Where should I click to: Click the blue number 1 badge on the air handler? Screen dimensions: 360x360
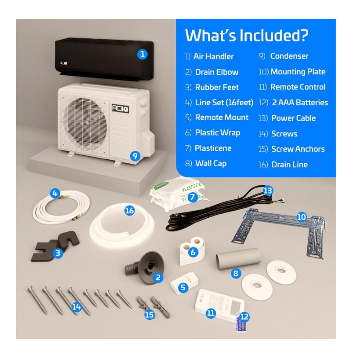142,54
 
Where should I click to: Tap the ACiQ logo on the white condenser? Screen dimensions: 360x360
120,108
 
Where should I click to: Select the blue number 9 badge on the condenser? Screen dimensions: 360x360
135,156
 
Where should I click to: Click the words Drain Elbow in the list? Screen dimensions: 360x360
216,72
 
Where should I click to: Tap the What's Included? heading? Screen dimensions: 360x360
247,35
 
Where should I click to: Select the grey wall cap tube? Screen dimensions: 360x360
238,258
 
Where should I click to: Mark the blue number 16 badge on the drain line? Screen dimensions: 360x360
129,211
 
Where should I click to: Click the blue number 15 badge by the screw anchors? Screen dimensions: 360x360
149,315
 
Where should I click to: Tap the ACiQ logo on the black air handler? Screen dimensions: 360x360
63,63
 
